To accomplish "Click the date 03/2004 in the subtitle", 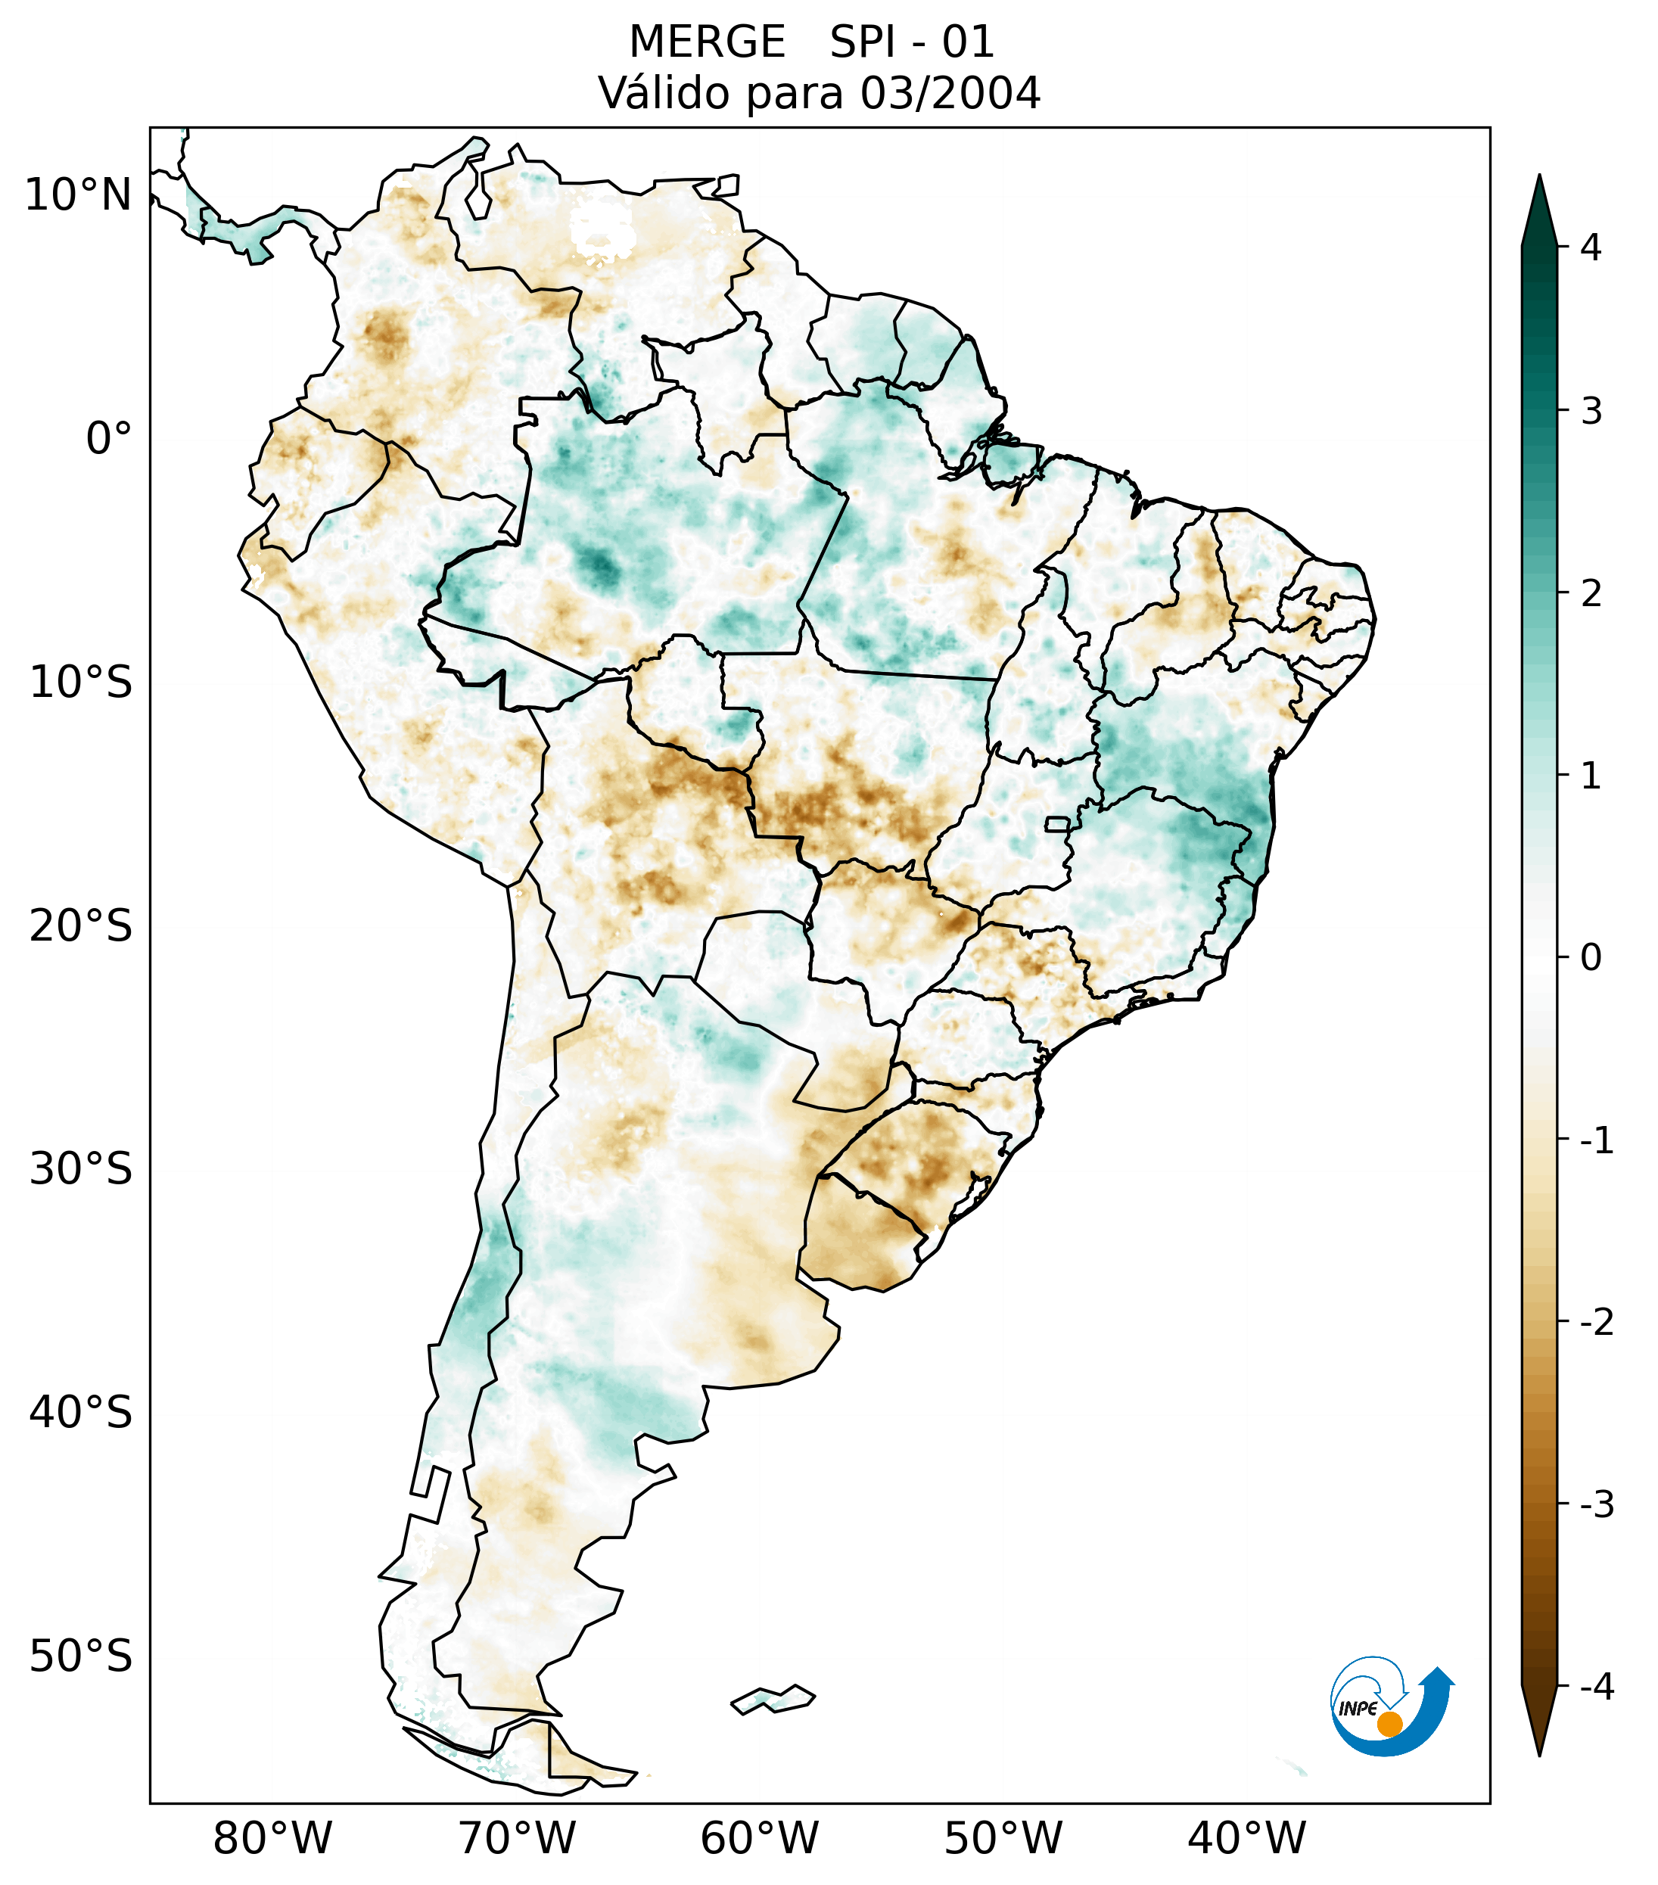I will pos(950,93).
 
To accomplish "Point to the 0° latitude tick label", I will pos(109,439).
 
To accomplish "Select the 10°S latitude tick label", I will pos(81,683).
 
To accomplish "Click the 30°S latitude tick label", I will pos(81,1169).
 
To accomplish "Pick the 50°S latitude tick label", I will pos(81,1656).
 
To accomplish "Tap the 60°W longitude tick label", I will pos(759,1838).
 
